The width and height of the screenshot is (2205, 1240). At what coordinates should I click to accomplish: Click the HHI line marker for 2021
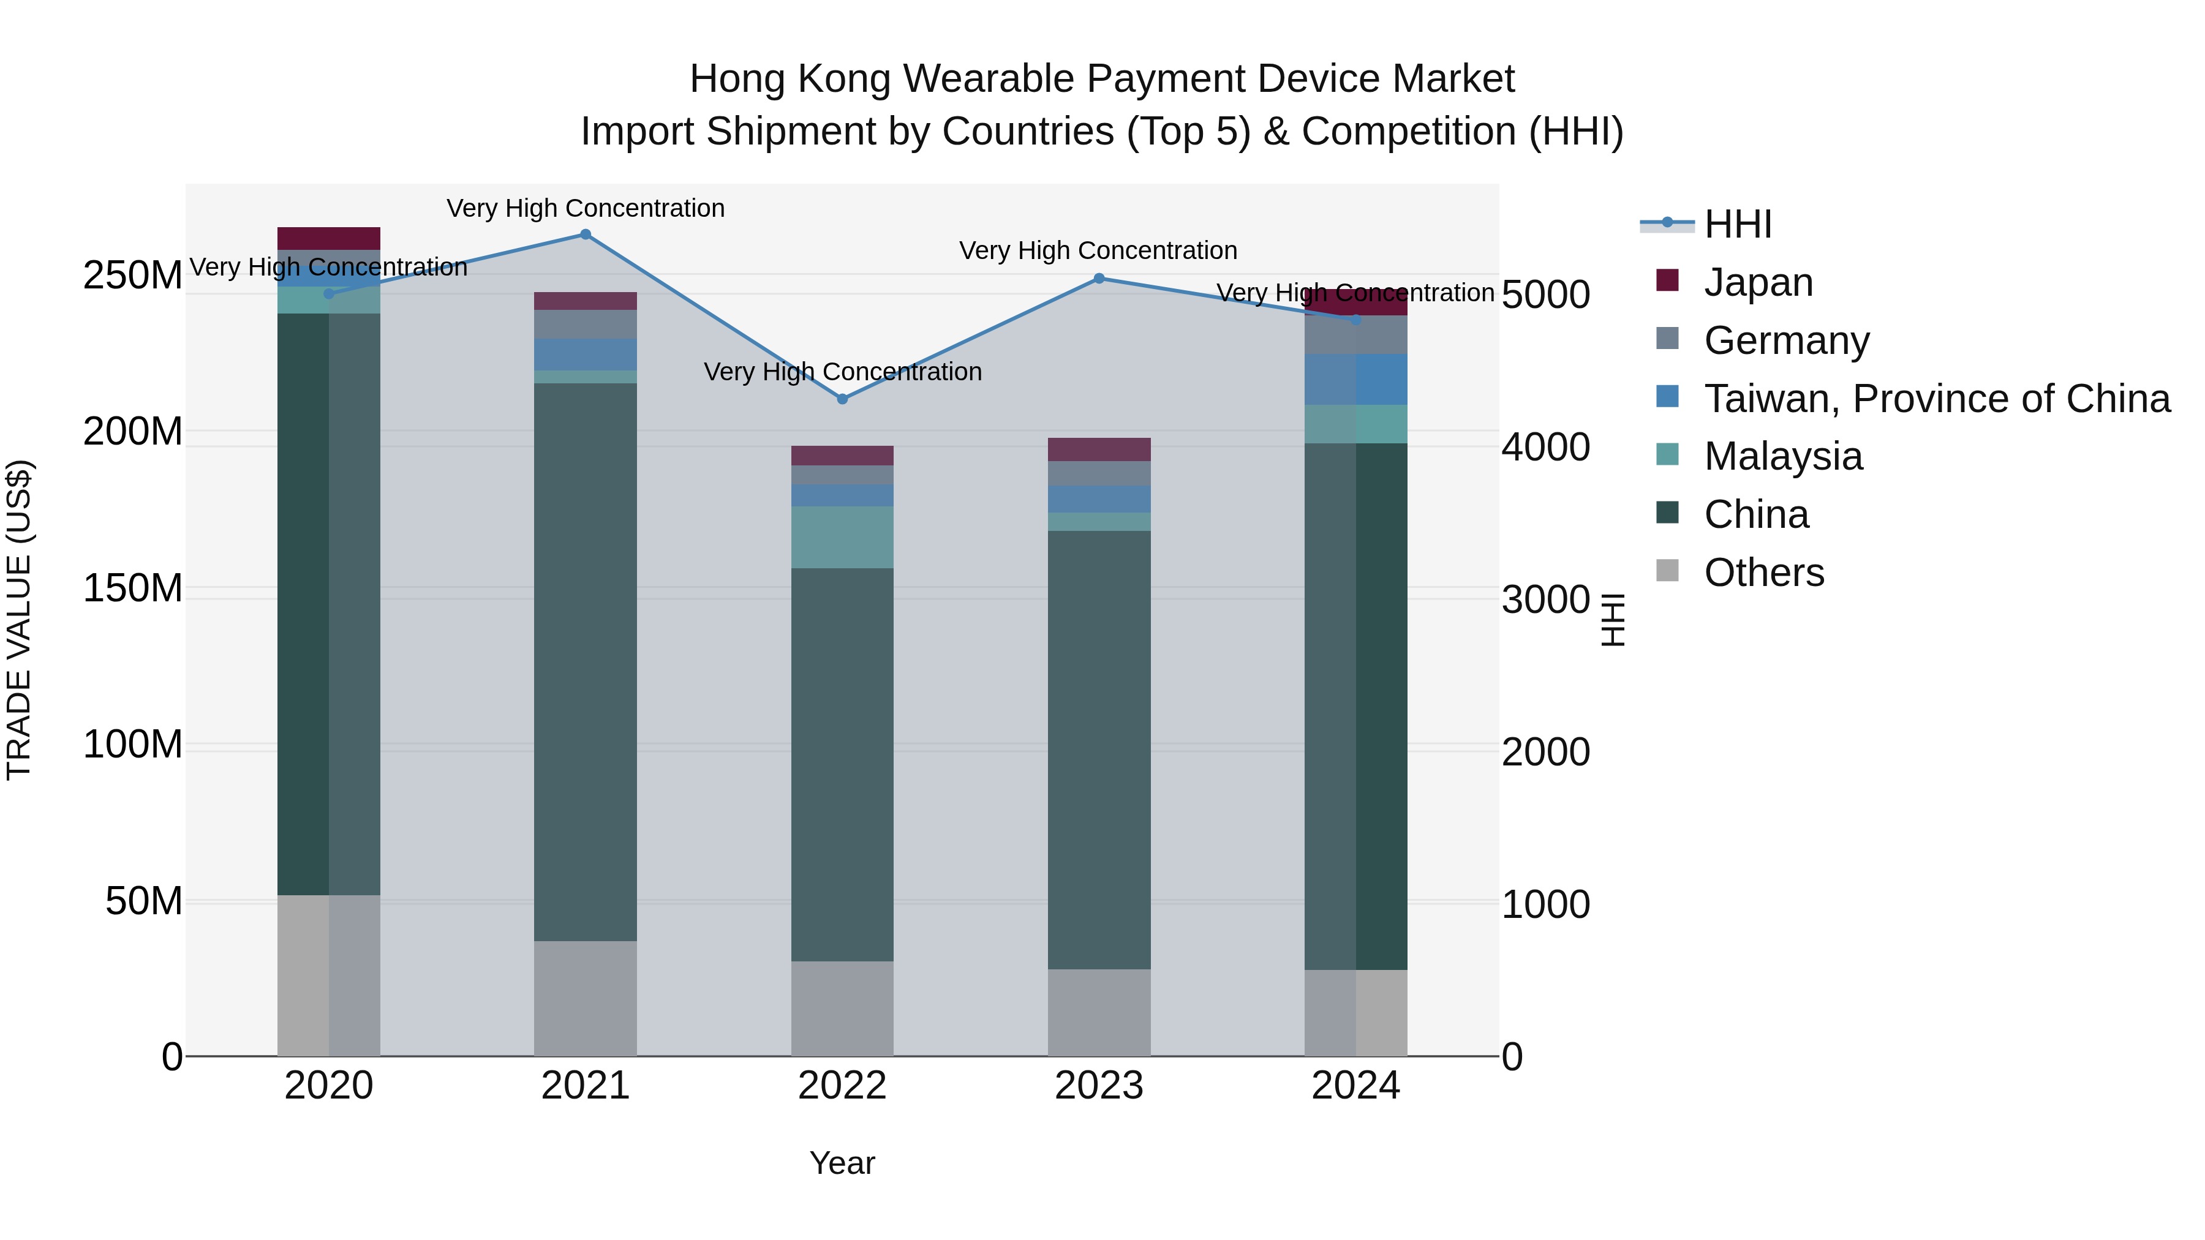(586, 235)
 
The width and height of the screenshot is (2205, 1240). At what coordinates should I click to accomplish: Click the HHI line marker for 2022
(842, 399)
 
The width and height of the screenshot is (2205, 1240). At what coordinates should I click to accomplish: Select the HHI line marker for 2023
(1099, 278)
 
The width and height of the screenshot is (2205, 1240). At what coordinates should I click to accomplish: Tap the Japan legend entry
(1757, 282)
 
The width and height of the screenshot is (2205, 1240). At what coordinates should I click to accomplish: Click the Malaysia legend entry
(1782, 456)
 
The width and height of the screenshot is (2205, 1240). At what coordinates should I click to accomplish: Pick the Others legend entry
(1763, 573)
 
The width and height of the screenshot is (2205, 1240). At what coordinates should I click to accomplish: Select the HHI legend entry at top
(1737, 224)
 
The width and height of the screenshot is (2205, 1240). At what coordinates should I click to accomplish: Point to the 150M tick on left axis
(133, 588)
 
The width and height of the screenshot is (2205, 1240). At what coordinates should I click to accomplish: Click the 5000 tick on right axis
(1545, 295)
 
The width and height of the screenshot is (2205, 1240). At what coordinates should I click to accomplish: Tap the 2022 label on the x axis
(842, 1086)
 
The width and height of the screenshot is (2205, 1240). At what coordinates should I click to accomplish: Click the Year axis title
(842, 1163)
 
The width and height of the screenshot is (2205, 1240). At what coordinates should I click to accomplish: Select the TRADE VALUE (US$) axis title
(20, 620)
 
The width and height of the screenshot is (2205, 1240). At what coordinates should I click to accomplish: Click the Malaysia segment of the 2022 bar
(842, 538)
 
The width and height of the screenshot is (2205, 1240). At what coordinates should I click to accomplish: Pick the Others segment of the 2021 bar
(586, 998)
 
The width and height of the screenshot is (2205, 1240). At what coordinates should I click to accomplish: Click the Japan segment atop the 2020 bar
(329, 238)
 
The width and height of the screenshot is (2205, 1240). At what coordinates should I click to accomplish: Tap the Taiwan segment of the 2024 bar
(1356, 379)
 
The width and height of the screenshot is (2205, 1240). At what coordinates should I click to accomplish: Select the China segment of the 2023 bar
(1099, 750)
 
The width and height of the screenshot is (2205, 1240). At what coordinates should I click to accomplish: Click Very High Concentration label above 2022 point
(842, 372)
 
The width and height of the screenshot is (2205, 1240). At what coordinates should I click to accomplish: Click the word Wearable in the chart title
(990, 79)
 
